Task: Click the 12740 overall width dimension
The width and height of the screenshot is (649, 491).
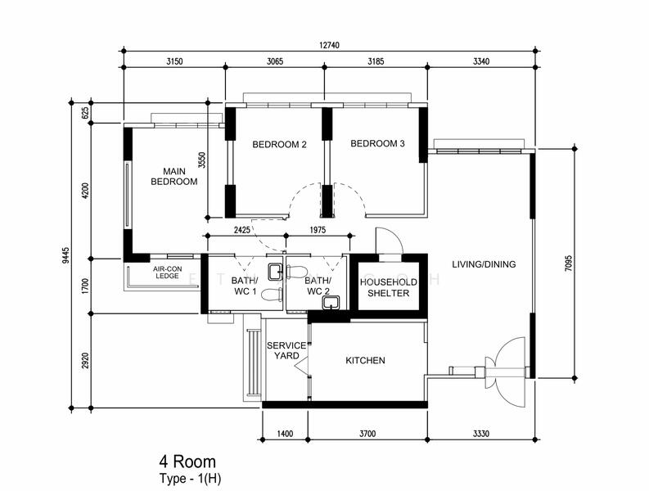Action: tap(329, 45)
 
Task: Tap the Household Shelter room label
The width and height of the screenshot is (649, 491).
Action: tap(388, 288)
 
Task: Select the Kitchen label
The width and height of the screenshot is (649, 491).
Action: tap(365, 361)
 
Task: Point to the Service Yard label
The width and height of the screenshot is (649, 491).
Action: tap(286, 350)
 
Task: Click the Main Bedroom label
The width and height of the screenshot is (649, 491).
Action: tap(174, 177)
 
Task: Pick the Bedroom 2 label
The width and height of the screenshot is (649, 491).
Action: tap(279, 145)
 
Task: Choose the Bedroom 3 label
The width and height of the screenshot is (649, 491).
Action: tap(377, 144)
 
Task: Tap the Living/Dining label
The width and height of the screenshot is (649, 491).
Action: tap(484, 264)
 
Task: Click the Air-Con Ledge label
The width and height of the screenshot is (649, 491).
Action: tap(167, 273)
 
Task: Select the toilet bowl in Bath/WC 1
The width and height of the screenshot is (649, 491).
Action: tap(272, 295)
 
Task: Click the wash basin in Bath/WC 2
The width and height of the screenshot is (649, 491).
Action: tap(331, 303)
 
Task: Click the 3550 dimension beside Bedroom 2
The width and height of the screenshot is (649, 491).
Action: tap(202, 160)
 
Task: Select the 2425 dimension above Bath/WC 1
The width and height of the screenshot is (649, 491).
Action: tap(241, 230)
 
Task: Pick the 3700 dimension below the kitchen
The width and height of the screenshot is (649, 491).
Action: tap(367, 434)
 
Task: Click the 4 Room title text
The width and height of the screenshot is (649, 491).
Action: tap(187, 462)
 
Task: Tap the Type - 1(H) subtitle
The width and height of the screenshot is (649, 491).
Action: tap(191, 479)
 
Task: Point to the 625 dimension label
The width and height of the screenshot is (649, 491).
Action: tap(85, 113)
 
